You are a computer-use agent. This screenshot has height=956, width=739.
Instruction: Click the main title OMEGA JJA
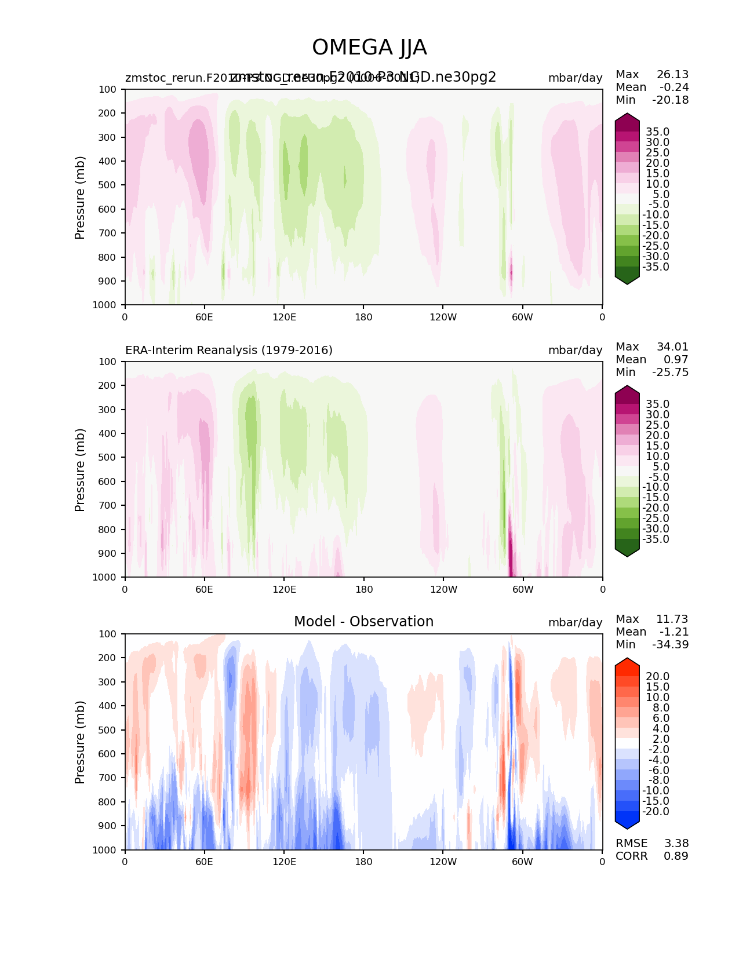pyautogui.click(x=369, y=48)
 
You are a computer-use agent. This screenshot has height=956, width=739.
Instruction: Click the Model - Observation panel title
pyautogui.click(x=363, y=622)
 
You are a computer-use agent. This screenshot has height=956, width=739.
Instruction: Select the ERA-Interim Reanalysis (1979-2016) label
pyautogui.click(x=229, y=350)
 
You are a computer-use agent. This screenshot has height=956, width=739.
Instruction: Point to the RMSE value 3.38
pyautogui.click(x=676, y=843)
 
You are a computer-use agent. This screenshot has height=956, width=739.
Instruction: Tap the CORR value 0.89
pyautogui.click(x=676, y=856)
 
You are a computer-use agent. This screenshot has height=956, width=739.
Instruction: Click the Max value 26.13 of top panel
pyautogui.click(x=672, y=74)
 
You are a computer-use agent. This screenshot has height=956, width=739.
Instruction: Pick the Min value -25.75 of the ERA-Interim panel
pyautogui.click(x=670, y=372)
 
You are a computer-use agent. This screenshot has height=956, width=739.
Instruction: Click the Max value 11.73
pyautogui.click(x=672, y=619)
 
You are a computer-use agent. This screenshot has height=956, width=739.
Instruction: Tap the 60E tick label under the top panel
pyautogui.click(x=204, y=317)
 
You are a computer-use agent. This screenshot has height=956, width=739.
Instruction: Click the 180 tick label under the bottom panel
pyautogui.click(x=363, y=862)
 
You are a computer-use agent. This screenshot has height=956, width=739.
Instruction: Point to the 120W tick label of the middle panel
pyautogui.click(x=443, y=589)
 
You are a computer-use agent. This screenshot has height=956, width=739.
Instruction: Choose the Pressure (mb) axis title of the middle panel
pyautogui.click(x=80, y=470)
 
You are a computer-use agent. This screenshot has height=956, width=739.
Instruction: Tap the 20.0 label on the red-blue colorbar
pyautogui.click(x=657, y=676)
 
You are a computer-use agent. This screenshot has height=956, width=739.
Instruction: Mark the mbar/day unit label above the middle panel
pyautogui.click(x=575, y=350)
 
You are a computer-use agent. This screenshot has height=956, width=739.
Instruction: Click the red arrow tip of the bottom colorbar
pyautogui.click(x=627, y=663)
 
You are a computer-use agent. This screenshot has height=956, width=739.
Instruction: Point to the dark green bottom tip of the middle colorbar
pyautogui.click(x=627, y=552)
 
